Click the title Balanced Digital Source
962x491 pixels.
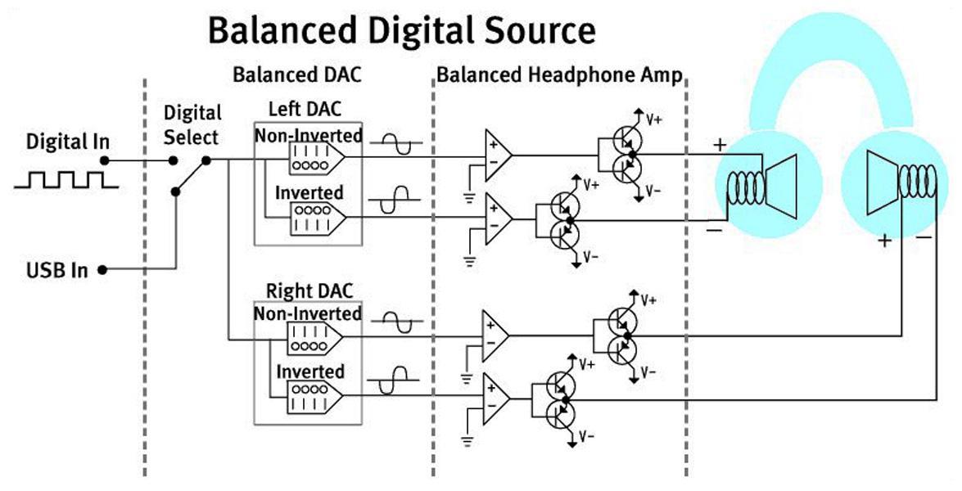pos(402,30)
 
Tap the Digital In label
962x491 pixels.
pos(67,142)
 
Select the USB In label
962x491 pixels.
pos(57,270)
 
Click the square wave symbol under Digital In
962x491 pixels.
pos(66,179)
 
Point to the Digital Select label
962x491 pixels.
pos(192,125)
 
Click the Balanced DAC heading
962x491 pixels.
pos(297,74)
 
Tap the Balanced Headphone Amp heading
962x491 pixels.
pos(559,75)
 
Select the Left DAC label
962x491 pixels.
pos(305,109)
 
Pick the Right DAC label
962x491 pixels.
pos(309,291)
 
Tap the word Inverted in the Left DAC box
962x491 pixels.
pos(309,192)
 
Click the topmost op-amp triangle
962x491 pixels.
pos(498,155)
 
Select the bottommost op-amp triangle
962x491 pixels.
pos(495,399)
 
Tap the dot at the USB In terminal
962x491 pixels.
pos(102,269)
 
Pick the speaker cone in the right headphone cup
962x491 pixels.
pos(883,183)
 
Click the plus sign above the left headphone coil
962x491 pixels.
pos(720,146)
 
